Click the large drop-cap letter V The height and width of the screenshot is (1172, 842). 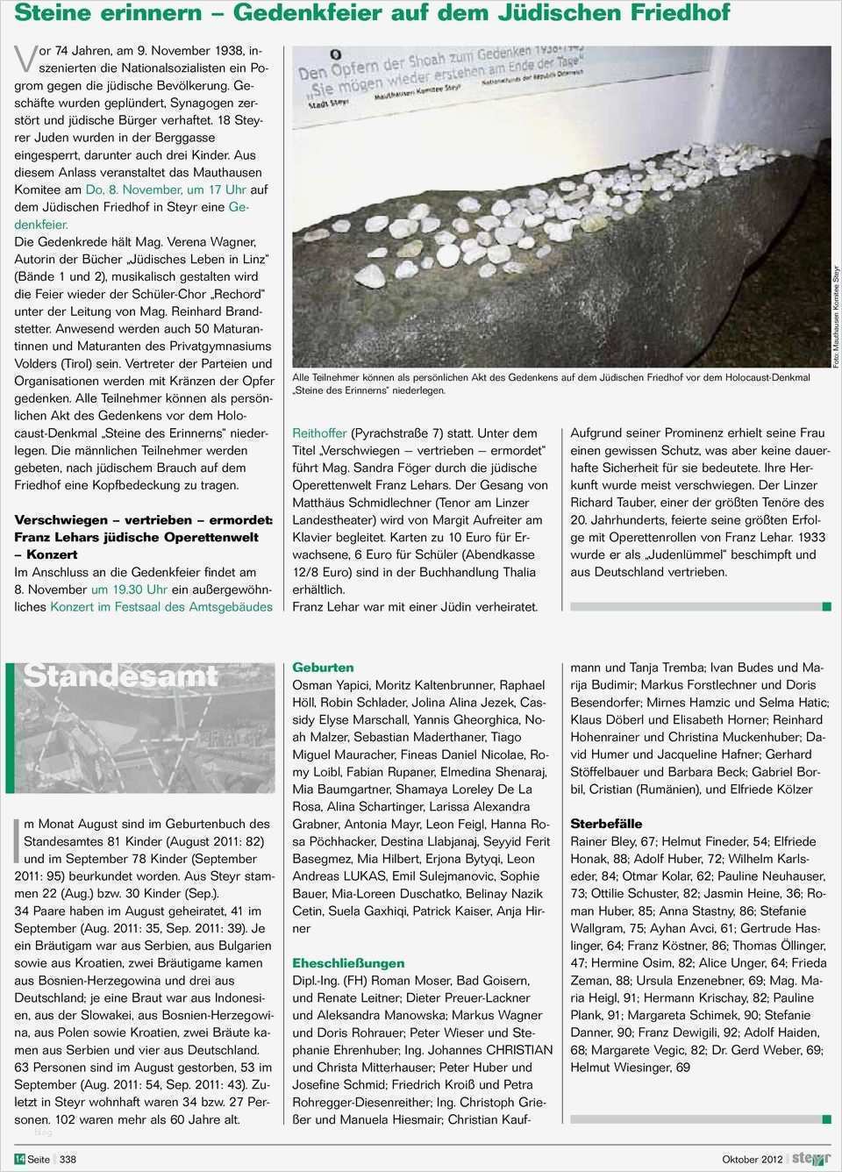(x=26, y=58)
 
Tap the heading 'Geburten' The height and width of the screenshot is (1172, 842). (x=323, y=668)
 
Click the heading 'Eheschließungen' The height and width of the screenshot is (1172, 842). (x=348, y=963)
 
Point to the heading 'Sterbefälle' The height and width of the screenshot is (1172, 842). (x=606, y=824)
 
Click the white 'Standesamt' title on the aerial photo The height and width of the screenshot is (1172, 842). (x=120, y=676)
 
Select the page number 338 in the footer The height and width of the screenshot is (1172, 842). (x=68, y=1159)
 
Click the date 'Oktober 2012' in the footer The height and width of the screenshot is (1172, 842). (x=752, y=1159)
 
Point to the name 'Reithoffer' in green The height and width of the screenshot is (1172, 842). (x=319, y=433)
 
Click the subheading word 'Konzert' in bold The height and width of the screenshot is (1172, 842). (x=52, y=554)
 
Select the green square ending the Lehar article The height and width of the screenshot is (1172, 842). (x=826, y=607)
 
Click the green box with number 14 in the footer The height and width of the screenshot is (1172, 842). (x=19, y=1159)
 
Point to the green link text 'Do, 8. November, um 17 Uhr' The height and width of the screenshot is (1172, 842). (x=167, y=189)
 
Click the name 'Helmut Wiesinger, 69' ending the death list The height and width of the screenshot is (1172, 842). (x=630, y=1068)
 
